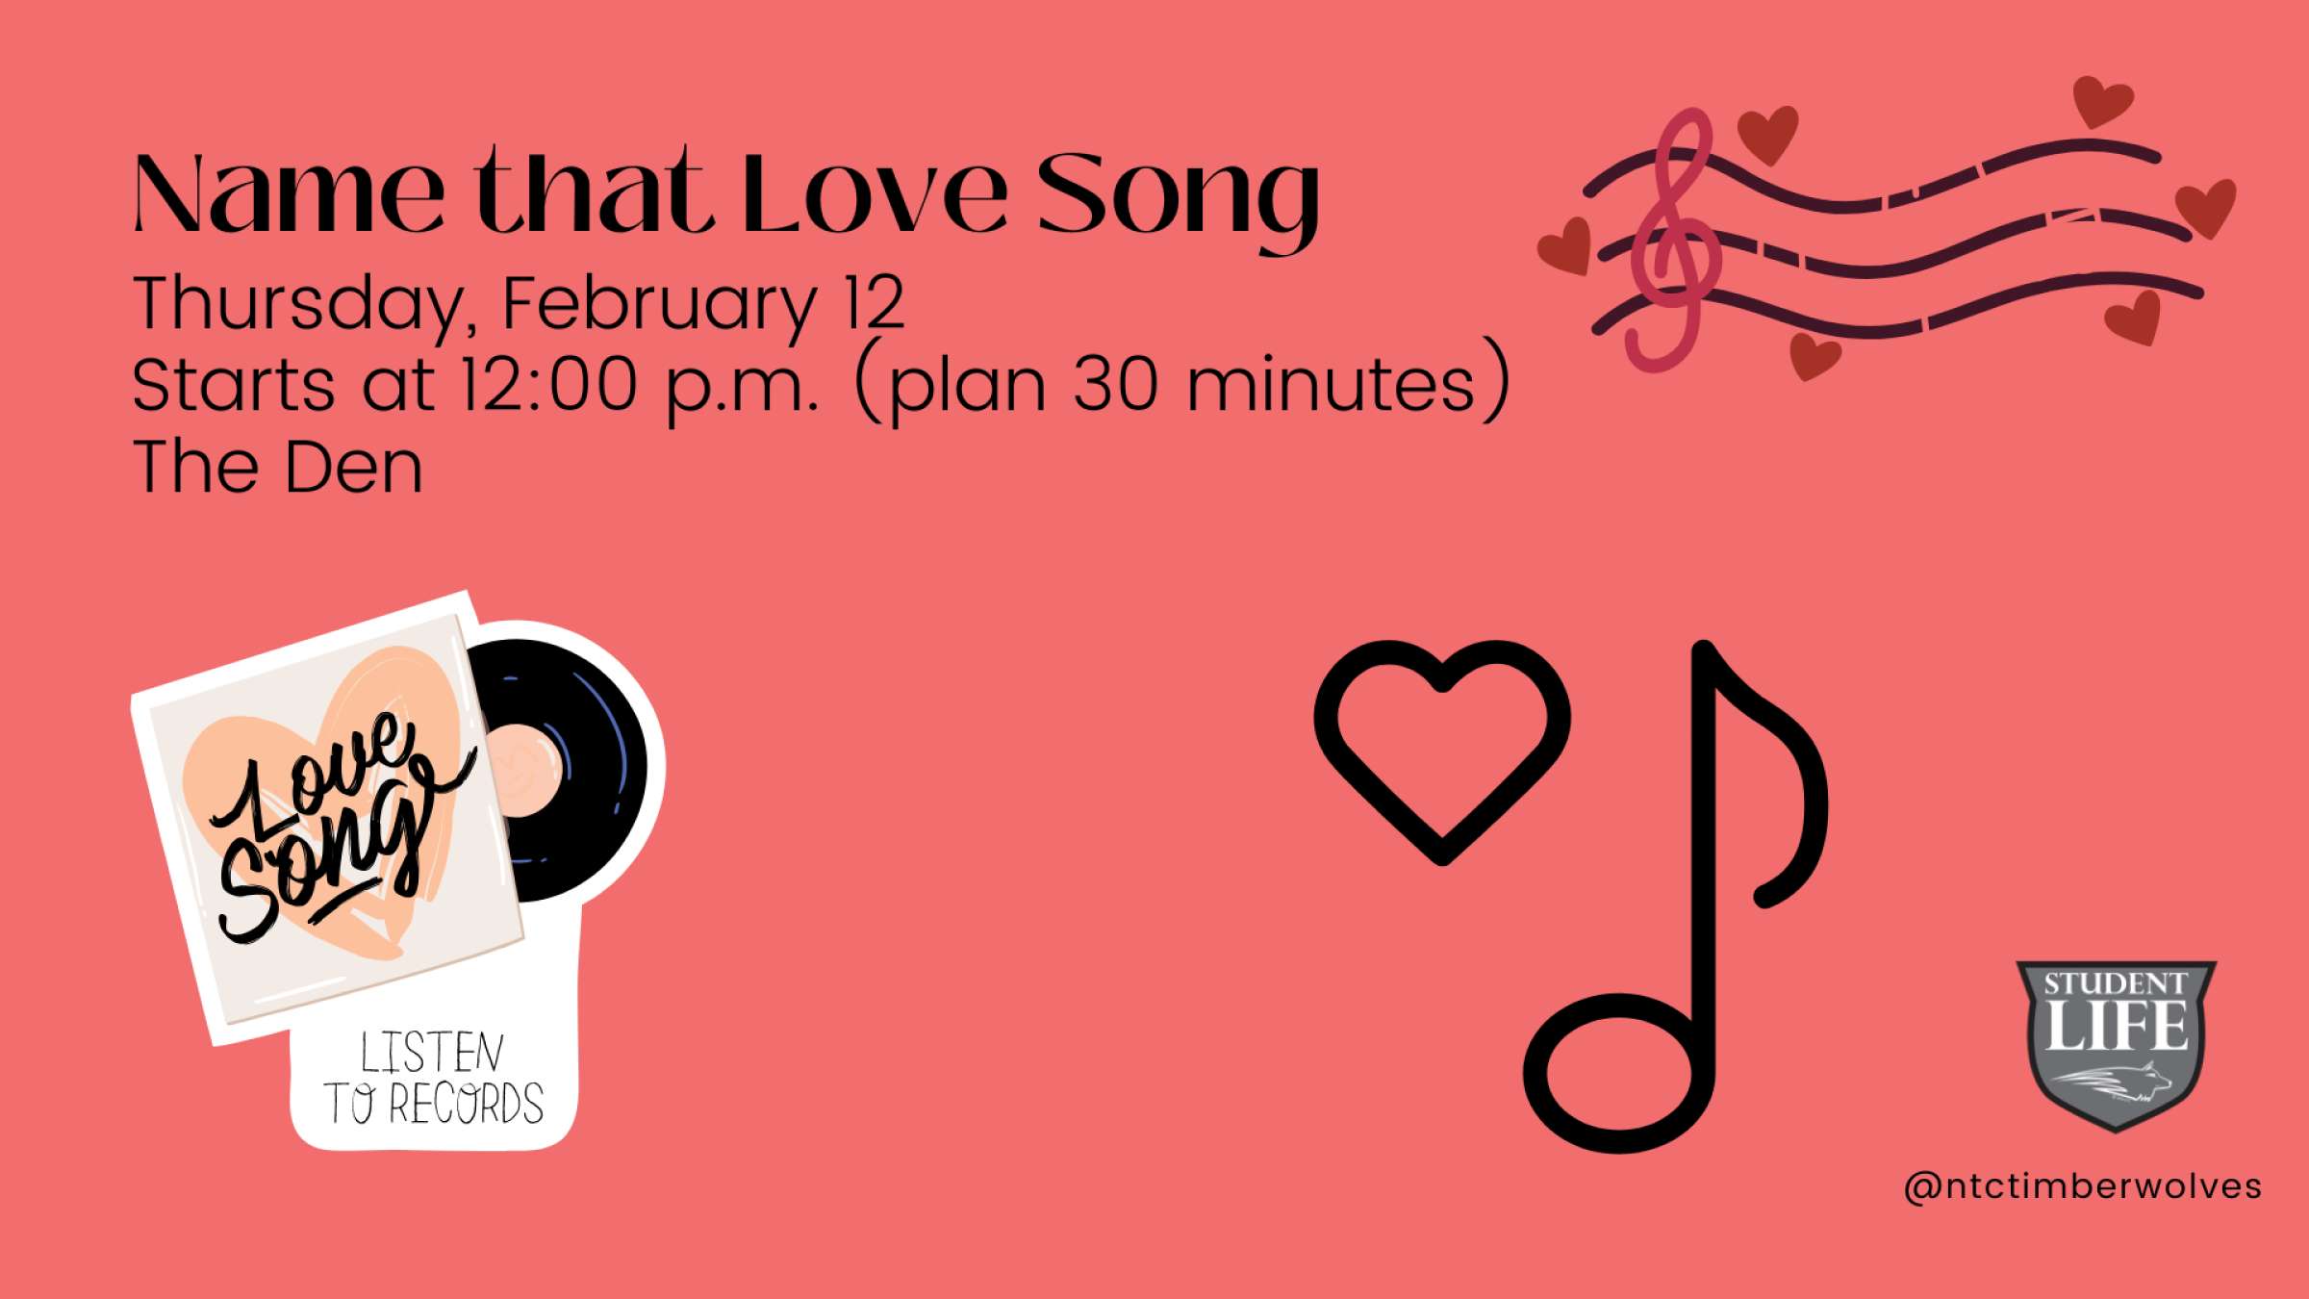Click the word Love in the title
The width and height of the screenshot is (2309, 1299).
(874, 195)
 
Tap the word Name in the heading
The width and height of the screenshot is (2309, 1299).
(289, 195)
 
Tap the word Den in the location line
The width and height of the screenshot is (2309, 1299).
(353, 469)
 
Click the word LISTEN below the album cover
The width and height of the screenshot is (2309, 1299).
(432, 1053)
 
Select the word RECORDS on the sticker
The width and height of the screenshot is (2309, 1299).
(466, 1104)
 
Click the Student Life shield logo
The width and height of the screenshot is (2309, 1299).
(2116, 1044)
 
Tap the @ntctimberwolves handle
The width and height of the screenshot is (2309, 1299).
(2082, 1186)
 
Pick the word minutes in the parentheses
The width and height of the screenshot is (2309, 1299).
(1332, 385)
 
